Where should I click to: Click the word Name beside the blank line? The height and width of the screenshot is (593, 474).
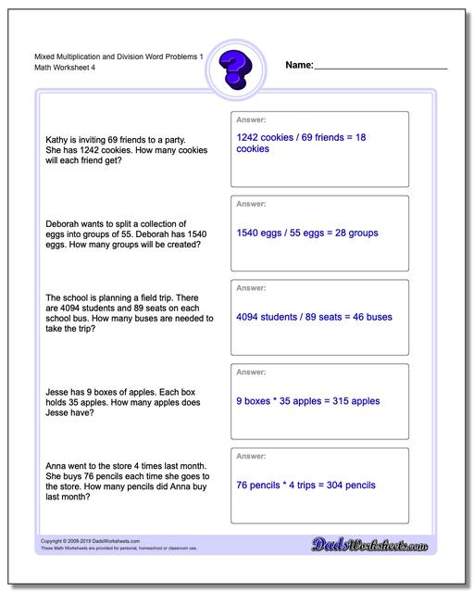point(298,66)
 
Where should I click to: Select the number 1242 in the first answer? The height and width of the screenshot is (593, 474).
point(251,137)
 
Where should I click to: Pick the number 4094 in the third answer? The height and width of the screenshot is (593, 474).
point(251,317)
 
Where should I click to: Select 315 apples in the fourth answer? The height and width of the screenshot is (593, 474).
point(352,401)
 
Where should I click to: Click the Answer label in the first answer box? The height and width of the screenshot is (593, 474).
point(252,120)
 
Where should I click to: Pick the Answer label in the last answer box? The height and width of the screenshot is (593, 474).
point(252,456)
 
